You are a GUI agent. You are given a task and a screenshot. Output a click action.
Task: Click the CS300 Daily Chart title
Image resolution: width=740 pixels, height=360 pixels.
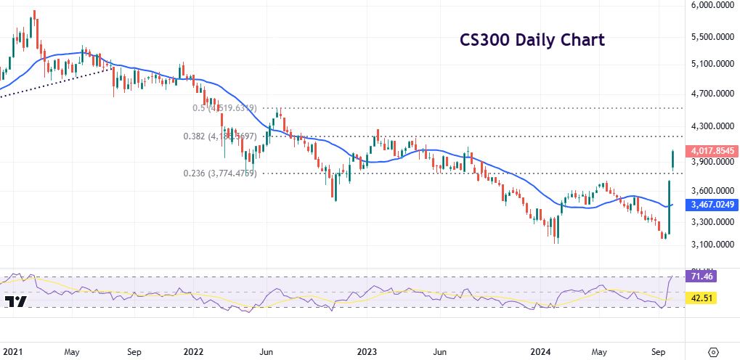(x=532, y=41)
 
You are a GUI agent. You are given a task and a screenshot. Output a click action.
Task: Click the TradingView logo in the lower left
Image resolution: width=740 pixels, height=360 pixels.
(x=16, y=302)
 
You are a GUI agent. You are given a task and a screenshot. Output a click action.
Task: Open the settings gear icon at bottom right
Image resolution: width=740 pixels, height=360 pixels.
(x=712, y=351)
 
